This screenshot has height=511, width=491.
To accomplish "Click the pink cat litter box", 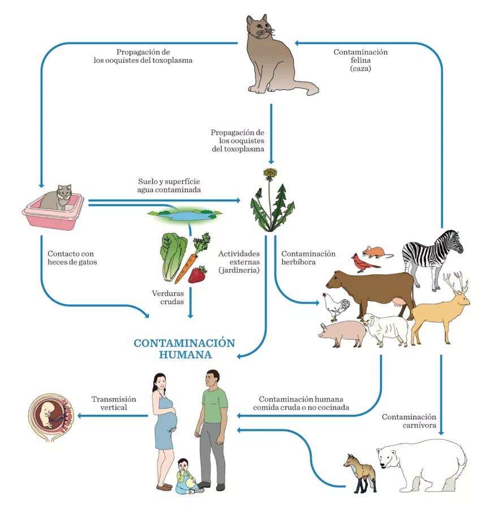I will pyautogui.click(x=53, y=212).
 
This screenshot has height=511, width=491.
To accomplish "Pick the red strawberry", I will pyautogui.click(x=197, y=275).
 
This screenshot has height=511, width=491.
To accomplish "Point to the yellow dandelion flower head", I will pyautogui.click(x=271, y=173).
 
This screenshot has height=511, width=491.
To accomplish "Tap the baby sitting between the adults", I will pyautogui.click(x=185, y=476).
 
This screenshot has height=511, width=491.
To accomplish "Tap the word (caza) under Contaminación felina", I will pyautogui.click(x=360, y=68).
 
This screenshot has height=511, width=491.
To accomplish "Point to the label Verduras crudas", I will pyautogui.click(x=168, y=298).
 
